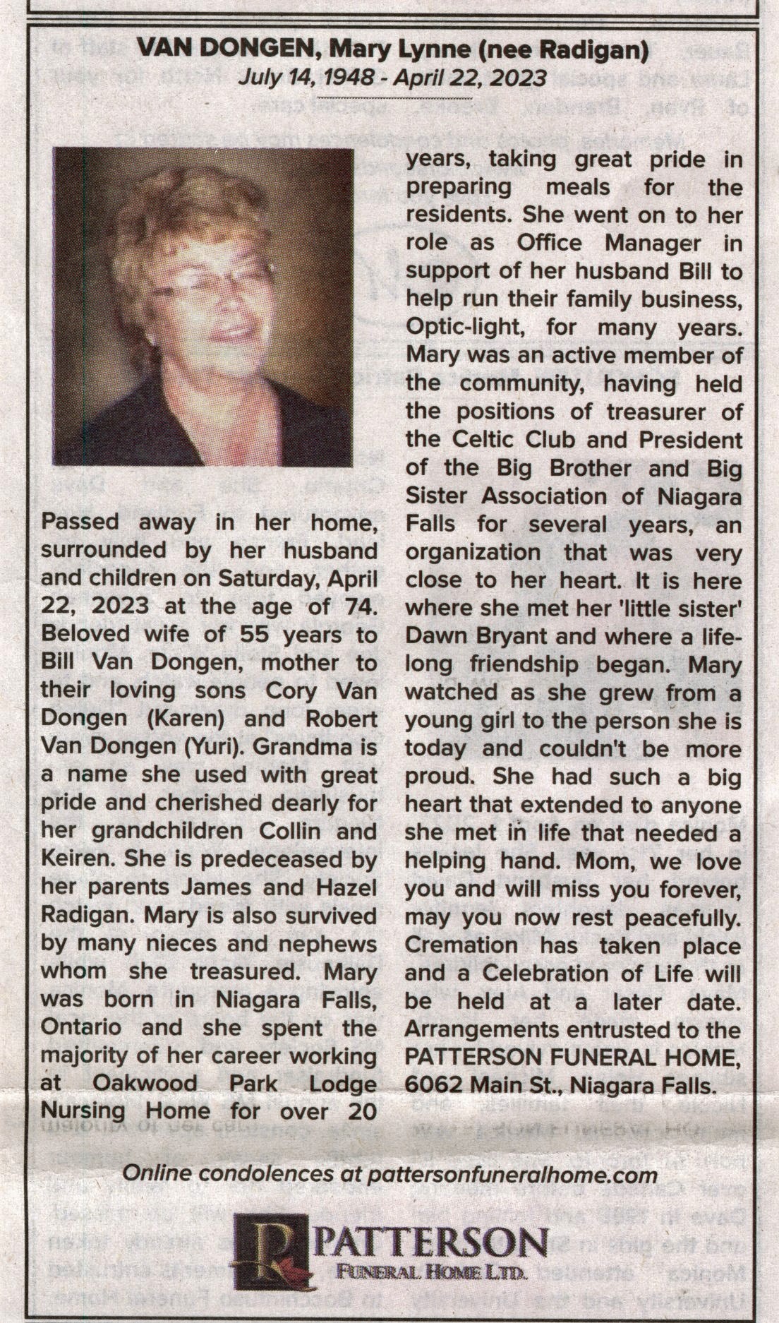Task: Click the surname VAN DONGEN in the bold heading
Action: tap(224, 49)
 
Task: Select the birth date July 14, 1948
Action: tap(306, 77)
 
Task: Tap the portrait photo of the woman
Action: tap(203, 306)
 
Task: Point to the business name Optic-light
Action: tap(462, 328)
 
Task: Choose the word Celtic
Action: tap(484, 440)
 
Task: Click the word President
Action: tap(690, 440)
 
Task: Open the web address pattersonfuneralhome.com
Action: tap(512, 1174)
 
